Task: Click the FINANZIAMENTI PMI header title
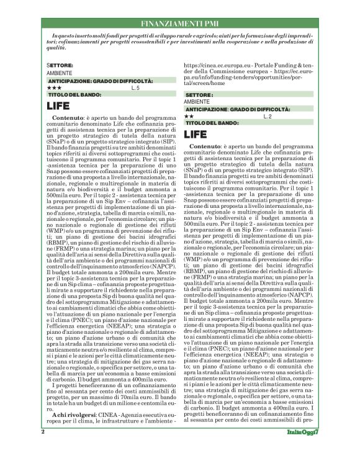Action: (180, 23)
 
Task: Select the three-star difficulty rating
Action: (54, 88)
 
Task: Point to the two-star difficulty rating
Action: (190, 116)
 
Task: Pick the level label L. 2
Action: (268, 116)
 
